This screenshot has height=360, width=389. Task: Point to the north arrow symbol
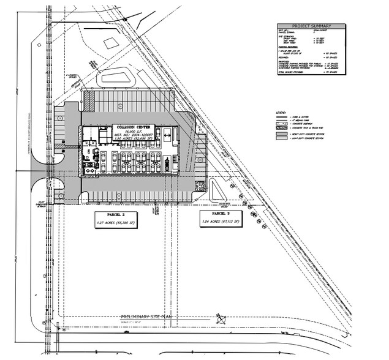[219, 317]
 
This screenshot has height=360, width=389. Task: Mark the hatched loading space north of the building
[90, 99]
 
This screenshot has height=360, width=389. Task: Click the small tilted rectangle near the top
[110, 43]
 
